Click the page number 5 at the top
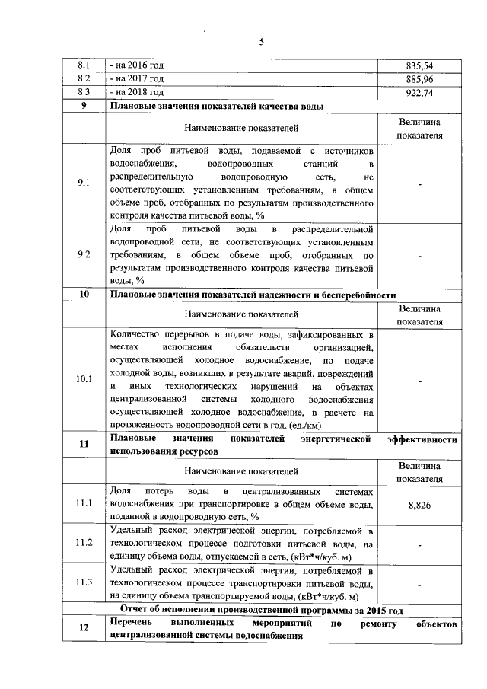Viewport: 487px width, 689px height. click(260, 42)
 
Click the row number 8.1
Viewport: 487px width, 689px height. click(84, 66)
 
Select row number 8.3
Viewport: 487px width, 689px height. click(84, 93)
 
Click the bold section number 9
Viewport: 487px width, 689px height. click(84, 106)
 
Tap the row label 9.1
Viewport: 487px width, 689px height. click(84, 183)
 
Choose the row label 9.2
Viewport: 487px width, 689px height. click(84, 255)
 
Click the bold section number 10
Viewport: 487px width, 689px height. click(84, 295)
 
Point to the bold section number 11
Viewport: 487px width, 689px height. click(84, 445)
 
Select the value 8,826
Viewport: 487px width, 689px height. click(419, 504)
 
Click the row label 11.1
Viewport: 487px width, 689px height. click(84, 504)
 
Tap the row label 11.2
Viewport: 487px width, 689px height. click(84, 543)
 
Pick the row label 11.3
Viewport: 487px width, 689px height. click(84, 583)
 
